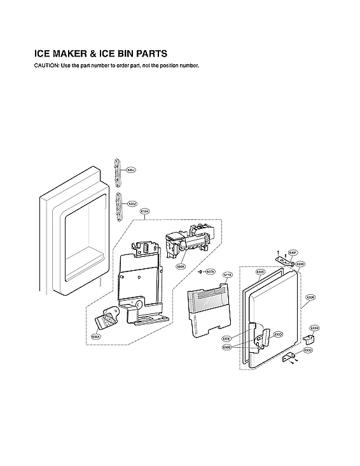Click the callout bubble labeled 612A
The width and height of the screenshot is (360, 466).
pyautogui.click(x=144, y=212)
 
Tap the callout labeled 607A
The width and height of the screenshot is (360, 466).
pyautogui.click(x=211, y=271)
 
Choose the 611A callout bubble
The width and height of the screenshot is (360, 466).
pyautogui.click(x=228, y=275)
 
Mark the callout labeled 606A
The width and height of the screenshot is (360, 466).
pyautogui.click(x=96, y=336)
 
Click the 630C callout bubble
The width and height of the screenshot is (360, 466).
pyautogui.click(x=260, y=271)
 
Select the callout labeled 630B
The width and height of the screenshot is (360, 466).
pyautogui.click(x=300, y=264)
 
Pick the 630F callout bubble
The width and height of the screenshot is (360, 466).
pyautogui.click(x=293, y=252)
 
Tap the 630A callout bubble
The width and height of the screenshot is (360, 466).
pyautogui.click(x=310, y=297)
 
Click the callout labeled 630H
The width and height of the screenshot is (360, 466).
pyautogui.click(x=314, y=328)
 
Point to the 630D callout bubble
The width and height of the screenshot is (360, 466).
pyautogui.click(x=278, y=334)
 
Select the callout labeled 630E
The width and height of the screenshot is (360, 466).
pyautogui.click(x=226, y=338)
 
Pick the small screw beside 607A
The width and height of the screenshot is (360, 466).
pyautogui.click(x=201, y=271)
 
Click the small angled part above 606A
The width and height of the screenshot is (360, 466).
pyautogui.click(x=108, y=318)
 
